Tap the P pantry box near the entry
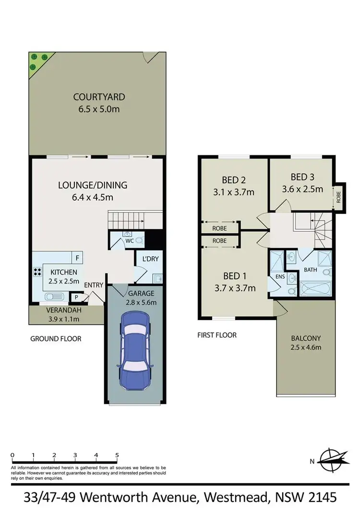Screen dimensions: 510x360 pos(75,297)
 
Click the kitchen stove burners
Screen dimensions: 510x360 pos(37,272)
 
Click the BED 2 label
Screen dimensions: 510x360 pos(234,180)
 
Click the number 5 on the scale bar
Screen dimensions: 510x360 pos(117,455)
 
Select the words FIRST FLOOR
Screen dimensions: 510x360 pos(216,335)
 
